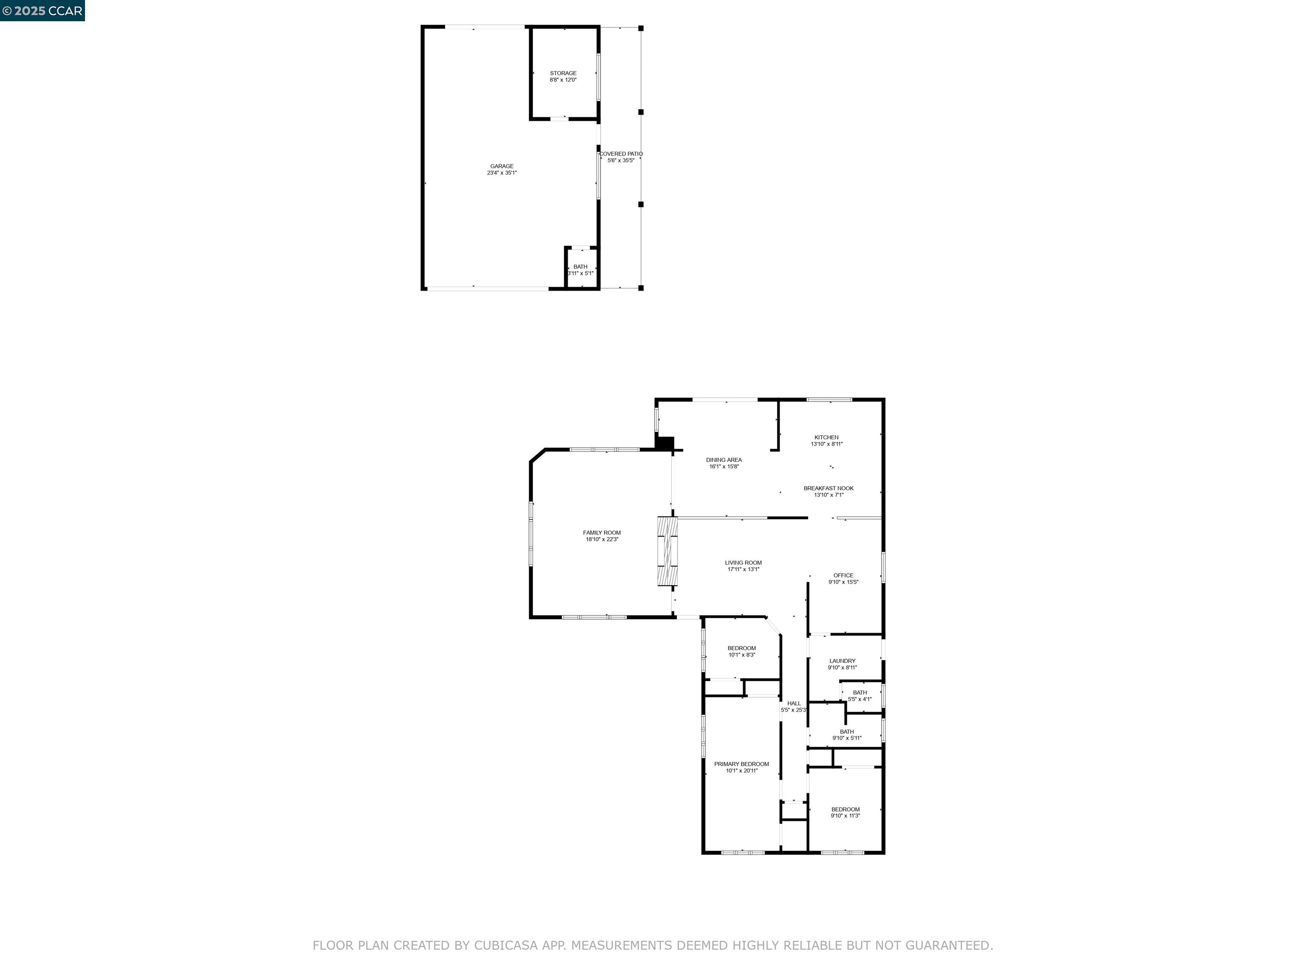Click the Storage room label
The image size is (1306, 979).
click(563, 73)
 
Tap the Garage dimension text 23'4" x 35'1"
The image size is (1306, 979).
click(501, 173)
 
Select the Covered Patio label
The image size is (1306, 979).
click(621, 153)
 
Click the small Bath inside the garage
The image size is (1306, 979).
click(580, 270)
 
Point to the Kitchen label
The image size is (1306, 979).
click(826, 437)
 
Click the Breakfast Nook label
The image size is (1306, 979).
click(828, 488)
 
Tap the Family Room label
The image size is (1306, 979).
click(602, 532)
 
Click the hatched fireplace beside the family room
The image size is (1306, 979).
click(668, 551)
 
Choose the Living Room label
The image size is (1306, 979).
click(743, 563)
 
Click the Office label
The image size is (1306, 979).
click(843, 575)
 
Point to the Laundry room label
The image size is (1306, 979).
click(842, 661)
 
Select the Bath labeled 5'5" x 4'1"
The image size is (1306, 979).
click(860, 696)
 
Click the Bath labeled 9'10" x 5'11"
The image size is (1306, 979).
click(847, 735)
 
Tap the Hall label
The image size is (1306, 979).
click(794, 703)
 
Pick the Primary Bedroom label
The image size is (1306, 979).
click(741, 764)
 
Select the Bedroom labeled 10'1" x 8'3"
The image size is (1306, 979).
click(741, 651)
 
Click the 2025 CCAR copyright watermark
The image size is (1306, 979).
click(42, 11)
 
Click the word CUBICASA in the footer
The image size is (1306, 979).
click(505, 945)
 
